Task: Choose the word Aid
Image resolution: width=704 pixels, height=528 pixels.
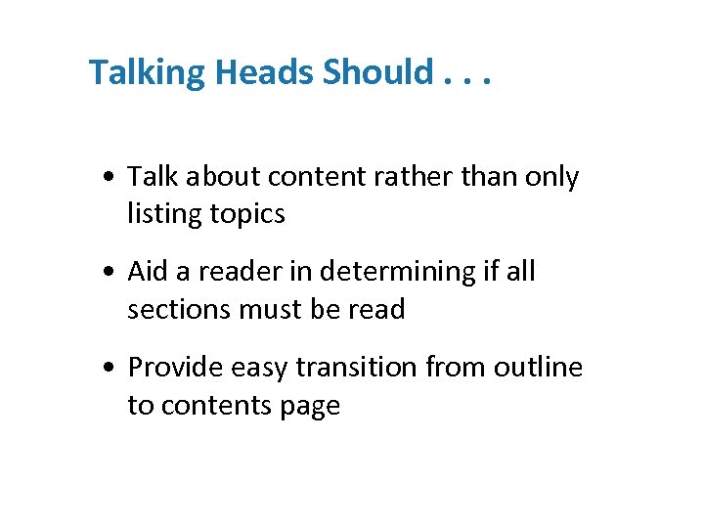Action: click(148, 272)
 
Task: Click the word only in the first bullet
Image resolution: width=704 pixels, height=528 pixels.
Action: click(551, 177)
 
